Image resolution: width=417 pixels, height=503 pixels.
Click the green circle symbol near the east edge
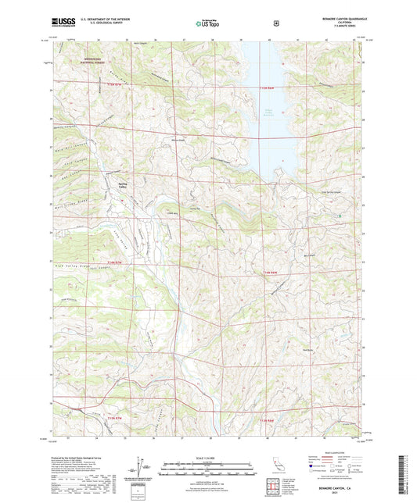click(x=339, y=215)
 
